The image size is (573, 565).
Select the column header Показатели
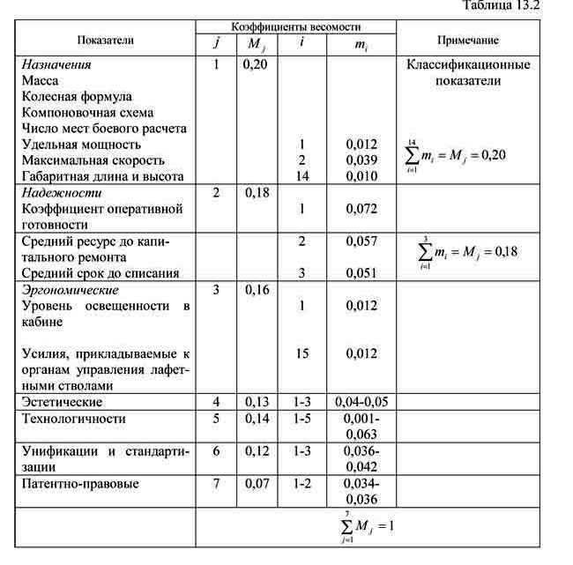tap(106, 40)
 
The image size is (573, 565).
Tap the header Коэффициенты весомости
tap(295, 27)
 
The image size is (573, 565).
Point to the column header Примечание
tap(467, 40)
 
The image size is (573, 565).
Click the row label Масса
tap(41, 80)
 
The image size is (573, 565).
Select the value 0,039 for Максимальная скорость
tap(361, 160)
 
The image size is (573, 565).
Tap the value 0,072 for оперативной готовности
tap(361, 209)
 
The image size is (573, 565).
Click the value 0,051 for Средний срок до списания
tap(361, 273)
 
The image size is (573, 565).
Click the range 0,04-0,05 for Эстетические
tap(361, 402)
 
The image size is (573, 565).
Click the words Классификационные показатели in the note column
tap(467, 72)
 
